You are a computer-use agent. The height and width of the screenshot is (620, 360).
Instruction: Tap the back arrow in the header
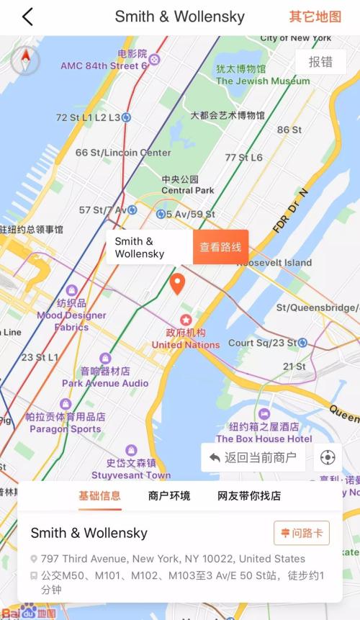click(27, 17)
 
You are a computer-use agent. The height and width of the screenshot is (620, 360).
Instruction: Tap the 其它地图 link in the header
click(315, 17)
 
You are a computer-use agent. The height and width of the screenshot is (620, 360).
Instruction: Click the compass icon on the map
click(25, 60)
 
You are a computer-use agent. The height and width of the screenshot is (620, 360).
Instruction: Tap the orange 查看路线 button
click(220, 247)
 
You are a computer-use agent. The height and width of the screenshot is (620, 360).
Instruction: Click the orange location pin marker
click(178, 283)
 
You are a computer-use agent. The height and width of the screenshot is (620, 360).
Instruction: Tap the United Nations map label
click(186, 344)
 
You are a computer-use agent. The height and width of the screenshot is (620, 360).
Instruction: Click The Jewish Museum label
click(263, 81)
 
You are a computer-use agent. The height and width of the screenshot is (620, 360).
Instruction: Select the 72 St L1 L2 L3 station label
click(89, 117)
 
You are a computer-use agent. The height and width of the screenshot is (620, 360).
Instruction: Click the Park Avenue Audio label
click(105, 383)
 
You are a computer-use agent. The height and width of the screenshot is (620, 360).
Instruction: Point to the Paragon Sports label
click(65, 428)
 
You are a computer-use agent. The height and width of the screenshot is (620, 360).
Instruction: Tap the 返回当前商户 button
click(253, 457)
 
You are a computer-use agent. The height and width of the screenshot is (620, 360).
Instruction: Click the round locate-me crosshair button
click(328, 457)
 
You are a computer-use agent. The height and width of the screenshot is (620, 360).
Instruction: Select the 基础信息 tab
click(100, 495)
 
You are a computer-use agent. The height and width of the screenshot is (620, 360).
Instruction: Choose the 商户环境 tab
click(169, 495)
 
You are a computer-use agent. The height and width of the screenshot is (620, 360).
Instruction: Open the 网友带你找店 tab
click(249, 495)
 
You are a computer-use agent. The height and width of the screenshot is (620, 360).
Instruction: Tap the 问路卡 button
click(302, 533)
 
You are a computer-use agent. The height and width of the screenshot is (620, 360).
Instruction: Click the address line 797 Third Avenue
click(173, 559)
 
